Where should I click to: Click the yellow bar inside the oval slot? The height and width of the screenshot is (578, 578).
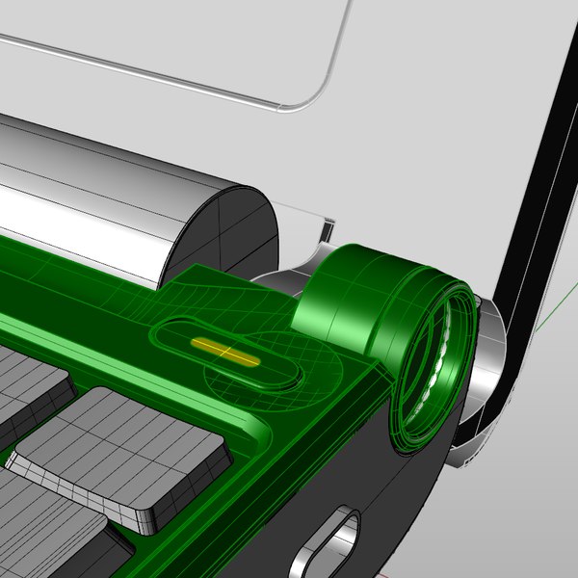coord(225,352)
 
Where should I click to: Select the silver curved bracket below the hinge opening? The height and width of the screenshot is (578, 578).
coord(472,433)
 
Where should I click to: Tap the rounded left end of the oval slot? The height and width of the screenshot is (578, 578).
coord(164,335)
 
